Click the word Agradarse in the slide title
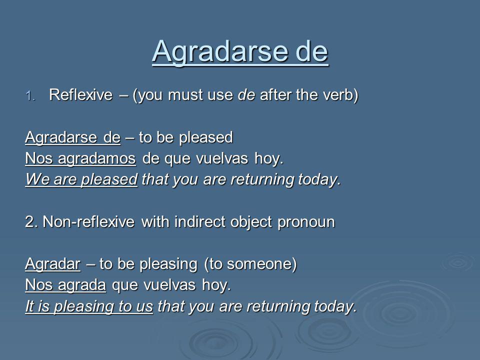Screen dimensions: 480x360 (x=220, y=51)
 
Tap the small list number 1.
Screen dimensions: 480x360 (x=31, y=96)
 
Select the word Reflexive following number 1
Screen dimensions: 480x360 (x=81, y=94)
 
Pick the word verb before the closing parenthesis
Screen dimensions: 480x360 (x=338, y=94)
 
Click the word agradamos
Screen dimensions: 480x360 (x=96, y=159)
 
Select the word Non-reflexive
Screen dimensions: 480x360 (x=88, y=221)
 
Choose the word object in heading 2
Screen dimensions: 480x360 (x=251, y=222)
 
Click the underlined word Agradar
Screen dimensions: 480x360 (x=53, y=264)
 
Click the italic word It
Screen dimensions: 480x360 (x=29, y=306)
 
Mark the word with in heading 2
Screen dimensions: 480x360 (x=155, y=221)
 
